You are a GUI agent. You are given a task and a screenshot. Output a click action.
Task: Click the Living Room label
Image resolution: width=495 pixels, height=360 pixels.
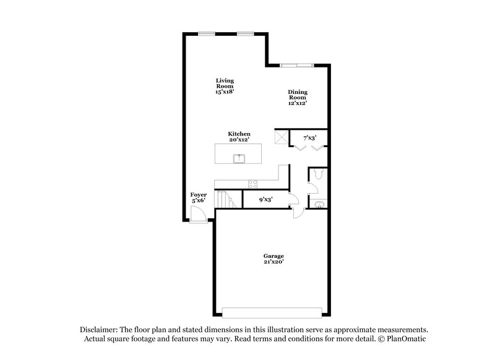coord(224,86)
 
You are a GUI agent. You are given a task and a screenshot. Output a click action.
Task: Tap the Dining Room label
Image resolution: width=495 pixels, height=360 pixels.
coord(297,98)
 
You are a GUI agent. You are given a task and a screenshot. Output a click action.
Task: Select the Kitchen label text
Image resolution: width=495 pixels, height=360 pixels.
coord(239,137)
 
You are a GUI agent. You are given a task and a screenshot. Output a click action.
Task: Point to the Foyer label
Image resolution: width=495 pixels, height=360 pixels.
coord(198,197)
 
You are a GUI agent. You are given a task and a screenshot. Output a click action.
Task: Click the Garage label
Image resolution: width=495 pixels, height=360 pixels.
coord(273,259)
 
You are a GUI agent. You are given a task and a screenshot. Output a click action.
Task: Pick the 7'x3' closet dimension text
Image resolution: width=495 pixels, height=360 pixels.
coord(309,137)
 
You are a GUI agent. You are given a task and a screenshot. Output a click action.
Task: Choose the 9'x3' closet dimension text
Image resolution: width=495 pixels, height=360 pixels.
coord(265,199)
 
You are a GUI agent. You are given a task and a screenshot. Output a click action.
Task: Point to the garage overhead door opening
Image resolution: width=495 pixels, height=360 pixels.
coord(272,312)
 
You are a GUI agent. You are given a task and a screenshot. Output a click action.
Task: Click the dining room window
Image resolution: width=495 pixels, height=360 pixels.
coord(297,64)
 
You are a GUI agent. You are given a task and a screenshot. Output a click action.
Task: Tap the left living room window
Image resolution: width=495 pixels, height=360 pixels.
coord(207,33)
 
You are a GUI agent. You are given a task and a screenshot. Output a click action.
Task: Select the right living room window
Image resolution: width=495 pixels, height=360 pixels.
coord(245,33)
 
